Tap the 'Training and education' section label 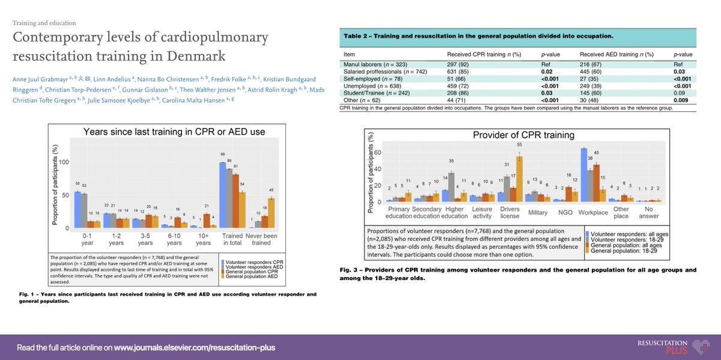click(44, 23)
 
